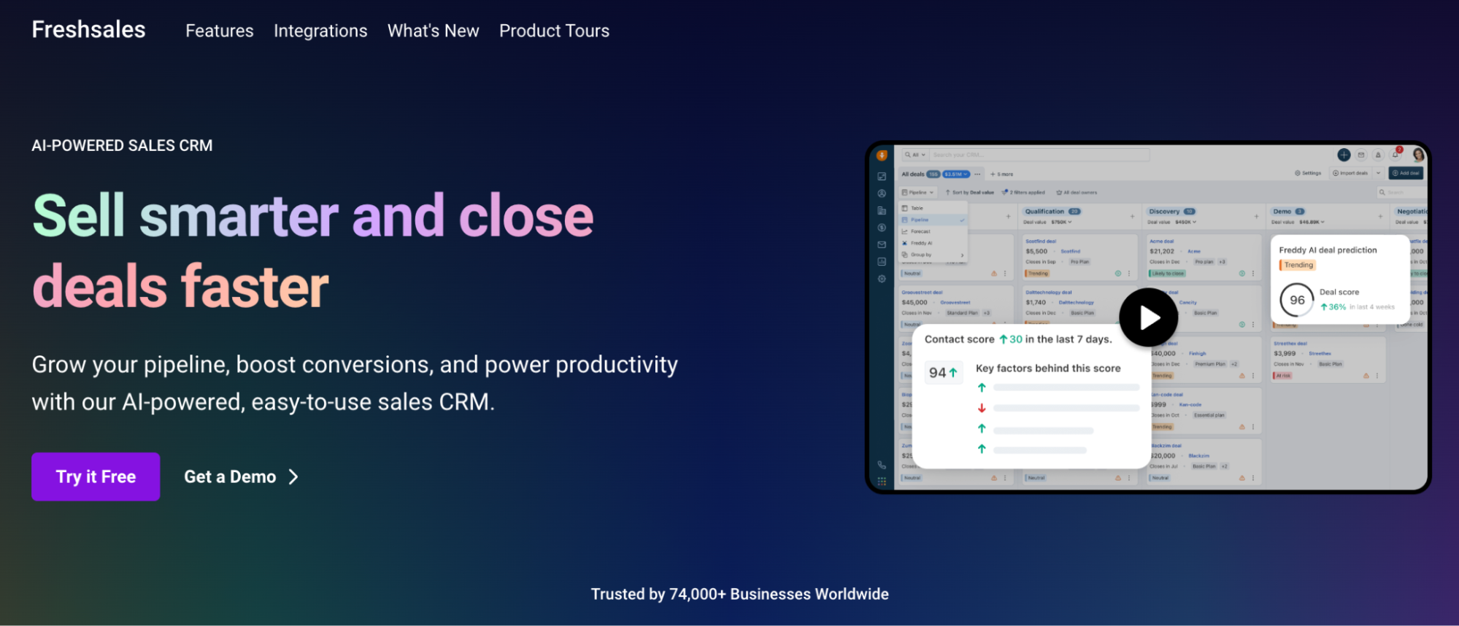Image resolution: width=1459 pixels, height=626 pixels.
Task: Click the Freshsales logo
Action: click(88, 30)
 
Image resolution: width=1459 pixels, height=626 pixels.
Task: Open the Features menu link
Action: click(219, 31)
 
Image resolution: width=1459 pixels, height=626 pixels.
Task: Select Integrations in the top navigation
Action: click(320, 31)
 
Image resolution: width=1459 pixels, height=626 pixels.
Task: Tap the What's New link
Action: click(433, 31)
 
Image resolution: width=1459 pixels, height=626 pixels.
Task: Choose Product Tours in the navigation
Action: click(554, 31)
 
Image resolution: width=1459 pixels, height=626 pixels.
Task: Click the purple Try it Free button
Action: click(96, 476)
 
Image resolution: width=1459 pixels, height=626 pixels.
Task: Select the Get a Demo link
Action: click(230, 476)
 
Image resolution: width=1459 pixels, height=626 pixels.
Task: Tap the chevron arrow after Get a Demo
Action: click(293, 476)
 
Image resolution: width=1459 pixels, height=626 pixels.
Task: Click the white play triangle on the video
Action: click(1150, 317)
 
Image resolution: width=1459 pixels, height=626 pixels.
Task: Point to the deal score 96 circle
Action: click(1296, 300)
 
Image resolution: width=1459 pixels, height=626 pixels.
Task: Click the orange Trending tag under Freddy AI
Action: click(1298, 265)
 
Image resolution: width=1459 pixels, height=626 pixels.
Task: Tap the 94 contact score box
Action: click(943, 372)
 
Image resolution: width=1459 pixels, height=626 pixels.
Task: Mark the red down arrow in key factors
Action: click(982, 408)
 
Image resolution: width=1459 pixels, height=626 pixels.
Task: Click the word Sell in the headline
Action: click(79, 216)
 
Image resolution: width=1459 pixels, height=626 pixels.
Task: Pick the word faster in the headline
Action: click(255, 286)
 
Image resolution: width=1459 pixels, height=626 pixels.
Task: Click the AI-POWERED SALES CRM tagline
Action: click(122, 145)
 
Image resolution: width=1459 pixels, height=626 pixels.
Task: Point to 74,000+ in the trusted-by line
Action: click(697, 594)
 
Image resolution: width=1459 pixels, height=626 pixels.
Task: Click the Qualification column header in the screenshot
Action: click(1044, 212)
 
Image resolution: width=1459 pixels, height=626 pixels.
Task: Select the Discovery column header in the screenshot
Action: click(1164, 212)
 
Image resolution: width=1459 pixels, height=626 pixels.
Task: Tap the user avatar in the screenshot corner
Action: click(1418, 155)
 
